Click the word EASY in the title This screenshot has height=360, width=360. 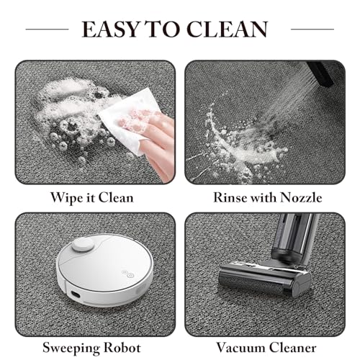pyautogui.click(x=111, y=29)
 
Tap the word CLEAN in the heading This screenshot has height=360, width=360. pyautogui.click(x=227, y=29)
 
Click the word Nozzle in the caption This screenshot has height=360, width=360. pyautogui.click(x=301, y=197)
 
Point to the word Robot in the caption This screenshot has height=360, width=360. pyautogui.click(x=122, y=348)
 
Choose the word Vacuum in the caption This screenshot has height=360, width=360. pyautogui.click(x=240, y=348)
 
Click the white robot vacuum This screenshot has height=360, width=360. pyautogui.click(x=104, y=270)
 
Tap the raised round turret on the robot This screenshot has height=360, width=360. pyautogui.click(x=83, y=245)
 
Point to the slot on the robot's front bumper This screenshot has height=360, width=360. pyautogui.click(x=76, y=294)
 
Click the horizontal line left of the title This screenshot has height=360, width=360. pyautogui.click(x=47, y=30)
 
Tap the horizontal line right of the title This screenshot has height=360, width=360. pyautogui.click(x=312, y=30)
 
